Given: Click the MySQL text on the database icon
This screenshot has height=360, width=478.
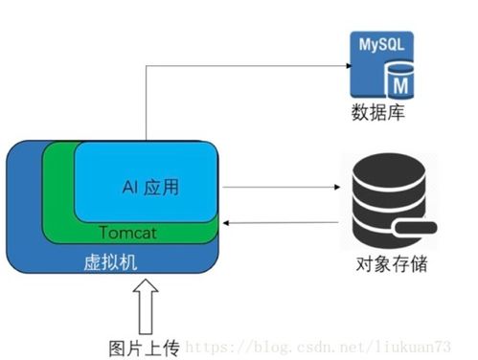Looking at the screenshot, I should click(382, 45).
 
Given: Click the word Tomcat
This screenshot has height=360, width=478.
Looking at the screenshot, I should click(129, 233).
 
